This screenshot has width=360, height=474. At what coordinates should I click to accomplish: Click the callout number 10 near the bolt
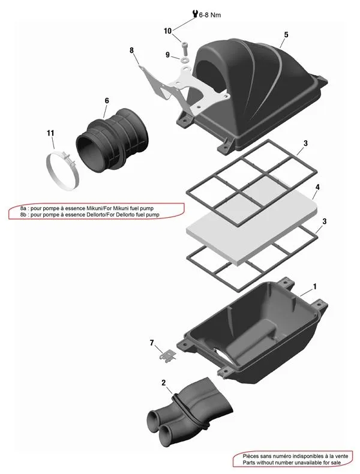click(x=167, y=31)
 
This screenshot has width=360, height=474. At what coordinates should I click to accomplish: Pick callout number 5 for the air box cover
click(x=286, y=35)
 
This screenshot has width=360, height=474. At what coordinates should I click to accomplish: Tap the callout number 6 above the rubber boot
click(x=107, y=100)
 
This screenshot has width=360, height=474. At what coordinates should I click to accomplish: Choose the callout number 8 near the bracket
click(x=131, y=50)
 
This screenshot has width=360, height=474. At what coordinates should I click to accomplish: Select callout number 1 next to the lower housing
click(x=314, y=287)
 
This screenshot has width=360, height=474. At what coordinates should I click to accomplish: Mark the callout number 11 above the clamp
click(x=50, y=133)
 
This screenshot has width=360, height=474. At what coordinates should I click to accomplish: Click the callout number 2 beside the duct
click(x=163, y=382)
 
